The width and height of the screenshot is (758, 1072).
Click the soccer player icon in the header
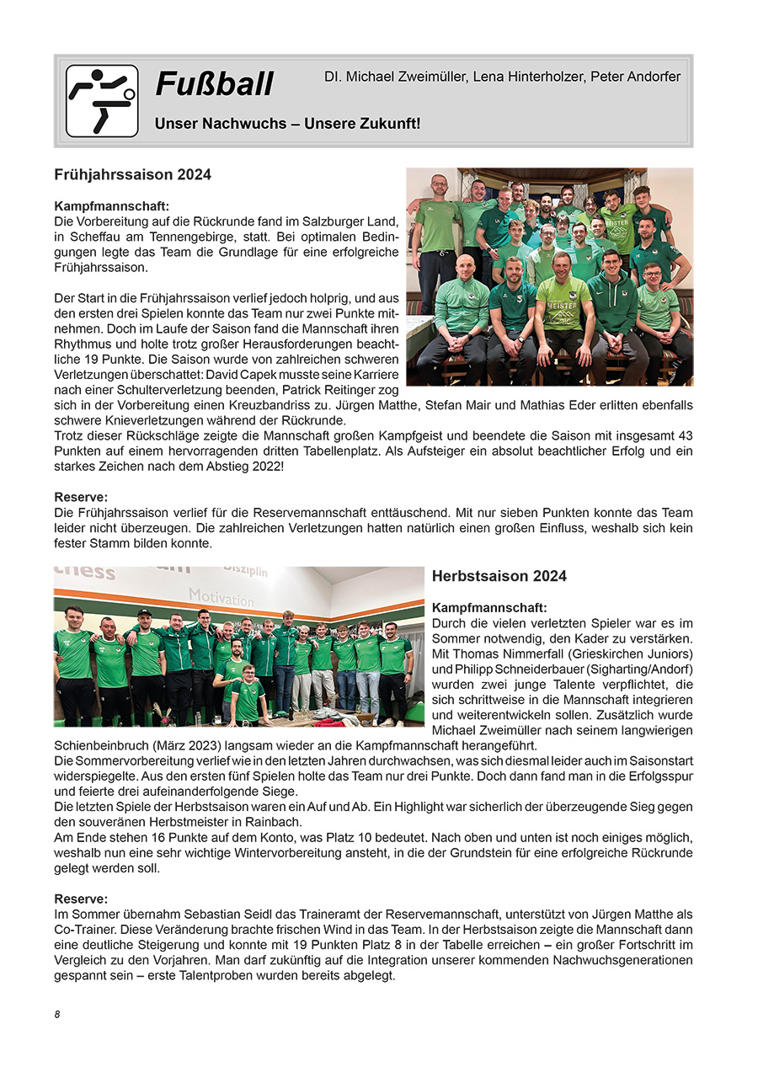click(102, 101)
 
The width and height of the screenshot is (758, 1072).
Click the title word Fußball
click(215, 84)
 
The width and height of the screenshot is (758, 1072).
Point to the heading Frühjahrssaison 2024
click(132, 175)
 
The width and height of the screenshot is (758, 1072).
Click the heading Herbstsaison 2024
click(499, 576)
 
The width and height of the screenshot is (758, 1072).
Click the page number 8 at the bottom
click(57, 1014)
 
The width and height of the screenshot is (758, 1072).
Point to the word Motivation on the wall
click(221, 597)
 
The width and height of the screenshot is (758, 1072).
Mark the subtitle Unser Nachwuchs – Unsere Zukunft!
click(287, 124)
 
